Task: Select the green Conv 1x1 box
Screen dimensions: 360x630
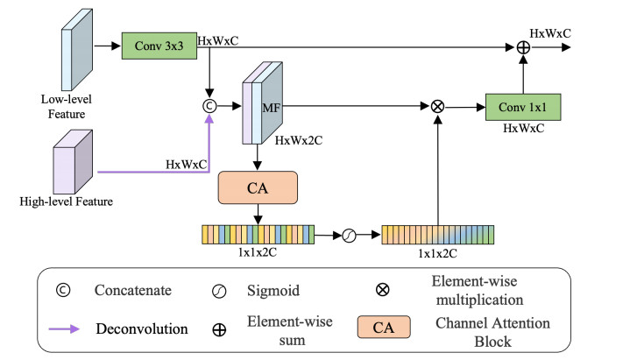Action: pos(522,109)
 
